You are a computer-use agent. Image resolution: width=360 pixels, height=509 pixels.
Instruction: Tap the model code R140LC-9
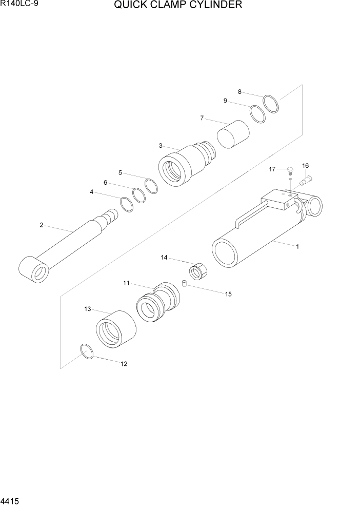pos(17,5)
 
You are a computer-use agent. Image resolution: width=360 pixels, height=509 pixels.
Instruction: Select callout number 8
pos(239,92)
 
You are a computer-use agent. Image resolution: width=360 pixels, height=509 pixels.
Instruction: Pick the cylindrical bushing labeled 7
pos(233,133)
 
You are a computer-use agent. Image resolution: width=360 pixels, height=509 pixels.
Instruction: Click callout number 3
pos(161,146)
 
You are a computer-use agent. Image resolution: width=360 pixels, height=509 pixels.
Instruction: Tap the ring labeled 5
pos(151,186)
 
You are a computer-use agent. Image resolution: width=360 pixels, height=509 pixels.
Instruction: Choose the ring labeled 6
pos(139,195)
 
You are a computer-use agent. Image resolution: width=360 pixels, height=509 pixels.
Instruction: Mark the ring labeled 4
pos(127,204)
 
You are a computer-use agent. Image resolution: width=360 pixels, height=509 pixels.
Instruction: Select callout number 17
pos(272,169)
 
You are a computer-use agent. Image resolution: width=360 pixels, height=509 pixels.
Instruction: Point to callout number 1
pos(297,247)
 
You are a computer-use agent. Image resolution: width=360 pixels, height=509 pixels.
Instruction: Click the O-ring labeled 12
pos(87,352)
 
